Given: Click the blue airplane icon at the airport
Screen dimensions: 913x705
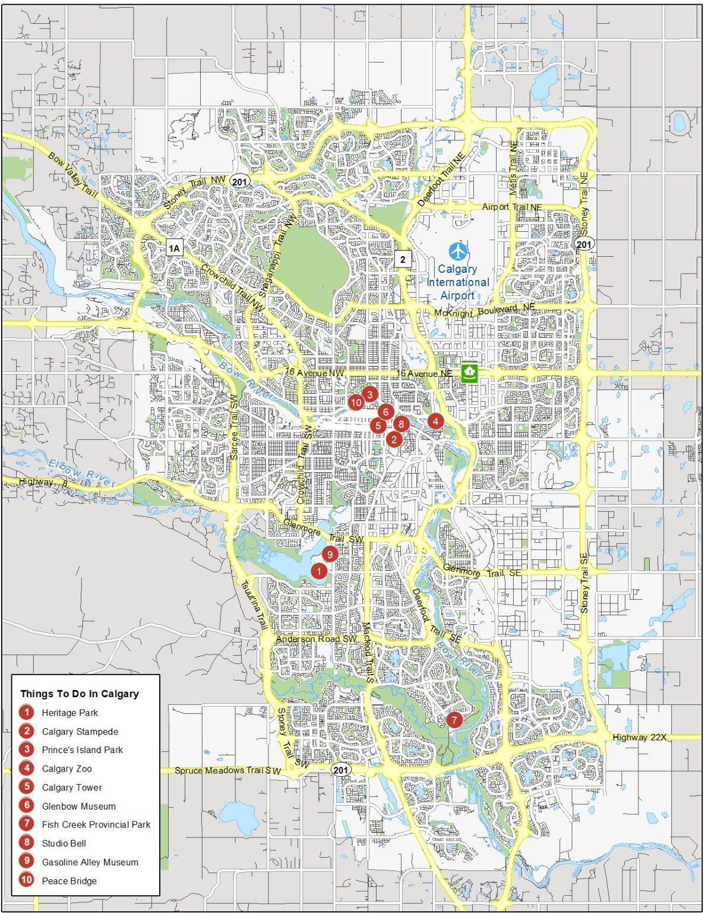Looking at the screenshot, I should coord(457,251).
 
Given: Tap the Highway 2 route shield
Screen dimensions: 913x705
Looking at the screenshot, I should coord(403,259).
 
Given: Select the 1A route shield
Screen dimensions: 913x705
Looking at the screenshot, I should coord(173,248).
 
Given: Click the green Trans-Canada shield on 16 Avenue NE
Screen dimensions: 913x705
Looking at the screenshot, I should coord(469,373).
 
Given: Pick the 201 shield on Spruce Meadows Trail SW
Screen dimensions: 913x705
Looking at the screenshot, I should coord(340,770).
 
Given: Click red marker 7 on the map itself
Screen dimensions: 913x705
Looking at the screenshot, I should coord(454,720).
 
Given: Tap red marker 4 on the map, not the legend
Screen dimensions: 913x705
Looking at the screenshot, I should coord(435,421).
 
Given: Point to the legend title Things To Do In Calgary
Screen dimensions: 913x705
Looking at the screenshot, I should coord(80,694).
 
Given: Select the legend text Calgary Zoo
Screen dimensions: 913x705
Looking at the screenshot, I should coord(67,769).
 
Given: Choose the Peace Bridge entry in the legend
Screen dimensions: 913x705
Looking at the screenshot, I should coord(69,881).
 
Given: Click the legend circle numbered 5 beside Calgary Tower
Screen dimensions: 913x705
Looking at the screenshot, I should coord(27,787).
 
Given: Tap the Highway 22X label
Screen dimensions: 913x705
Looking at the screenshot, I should coord(639,737).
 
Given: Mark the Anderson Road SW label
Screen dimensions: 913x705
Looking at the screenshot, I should coord(316,639).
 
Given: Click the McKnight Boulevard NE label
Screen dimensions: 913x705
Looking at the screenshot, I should coord(484,310).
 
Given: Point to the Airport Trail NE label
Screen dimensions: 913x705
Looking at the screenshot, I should coord(511,207).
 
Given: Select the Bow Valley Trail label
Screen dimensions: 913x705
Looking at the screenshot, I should coord(72,175).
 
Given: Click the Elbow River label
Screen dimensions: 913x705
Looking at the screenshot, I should coord(81,473).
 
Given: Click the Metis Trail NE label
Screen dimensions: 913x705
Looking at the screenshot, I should coord(514,168).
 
